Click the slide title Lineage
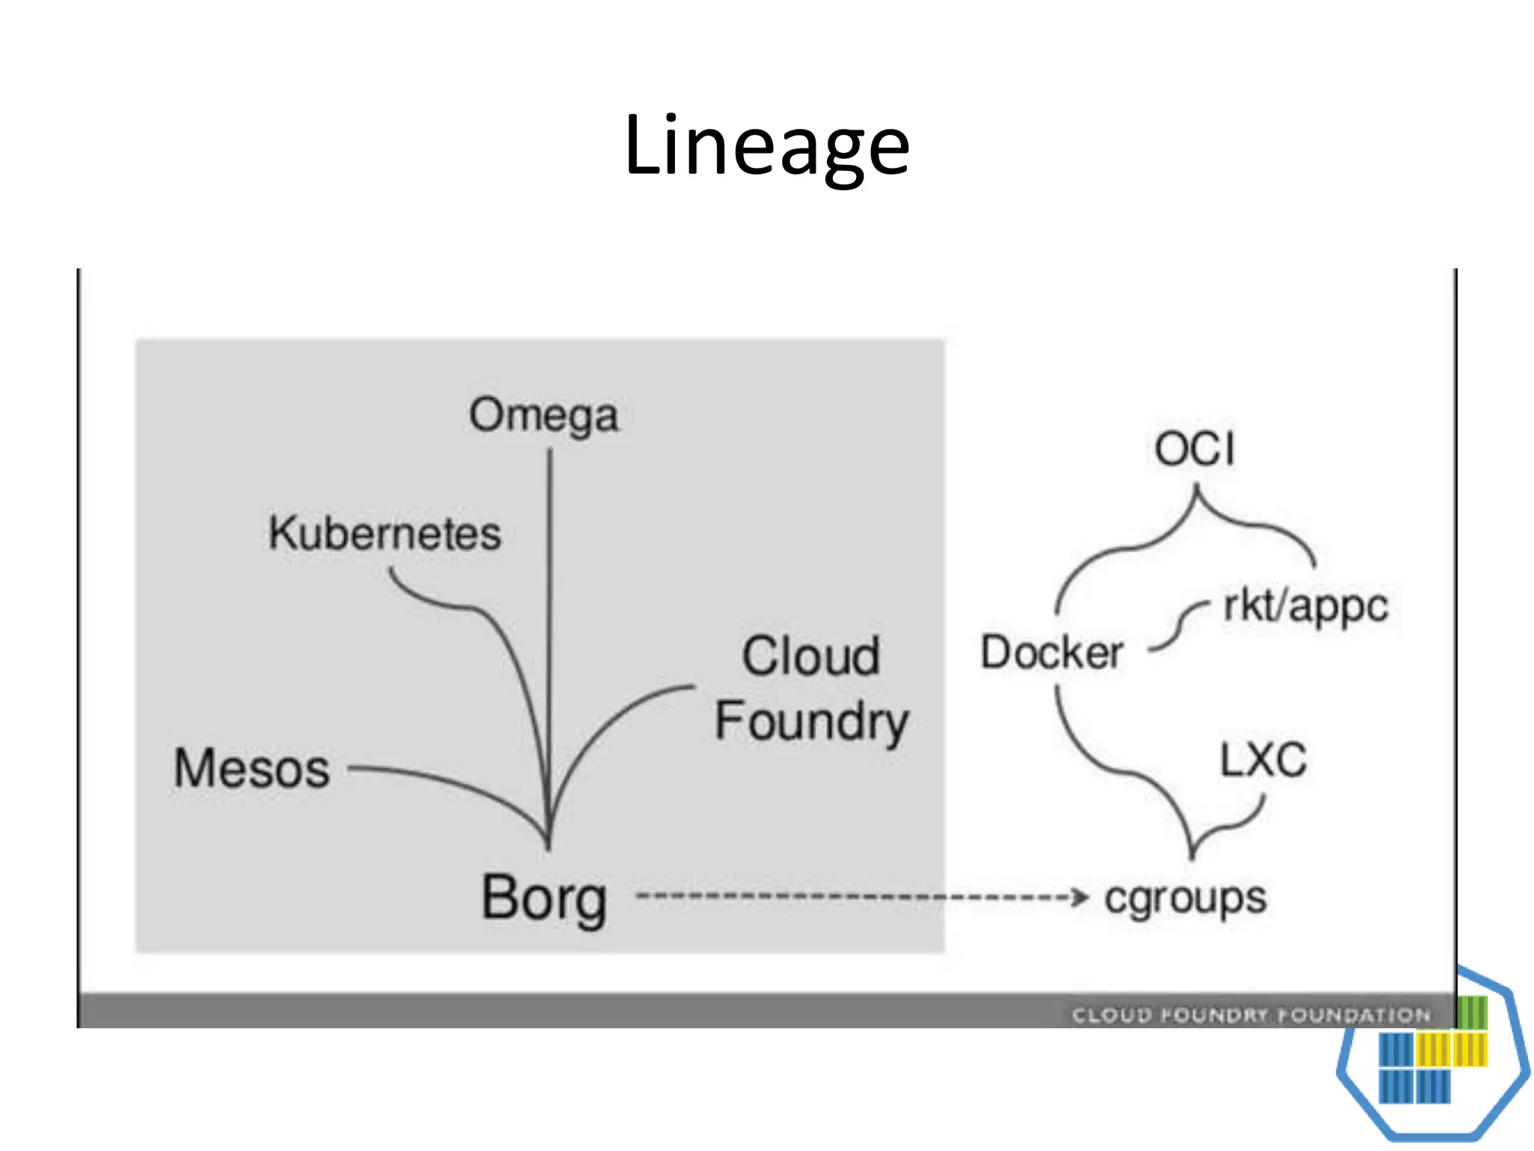point(766,146)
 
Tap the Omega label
point(544,415)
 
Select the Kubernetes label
point(385,534)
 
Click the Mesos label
point(252,769)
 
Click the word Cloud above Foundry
point(810,656)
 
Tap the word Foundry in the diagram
point(812,721)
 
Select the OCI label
point(1194,450)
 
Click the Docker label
point(1052,652)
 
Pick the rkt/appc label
point(1305,605)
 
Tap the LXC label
point(1263,760)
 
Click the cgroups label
point(1185,898)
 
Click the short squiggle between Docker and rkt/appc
point(1179,626)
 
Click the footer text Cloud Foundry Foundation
point(1251,1015)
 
